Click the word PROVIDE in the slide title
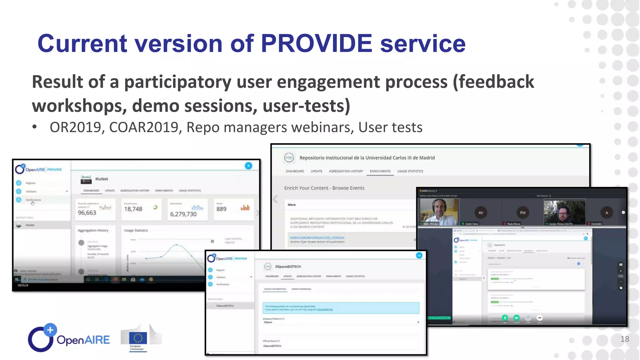click(x=316, y=43)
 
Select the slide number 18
click(x=625, y=339)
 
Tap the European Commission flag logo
click(x=138, y=338)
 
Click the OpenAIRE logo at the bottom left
click(x=69, y=338)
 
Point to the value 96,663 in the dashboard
click(x=87, y=213)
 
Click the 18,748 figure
click(x=133, y=209)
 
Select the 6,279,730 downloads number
click(x=183, y=214)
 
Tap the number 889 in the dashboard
click(x=221, y=209)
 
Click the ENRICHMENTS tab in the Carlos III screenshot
click(x=380, y=171)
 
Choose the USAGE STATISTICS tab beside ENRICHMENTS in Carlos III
click(x=410, y=171)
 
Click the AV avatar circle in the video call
click(x=481, y=213)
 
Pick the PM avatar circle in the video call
click(x=522, y=213)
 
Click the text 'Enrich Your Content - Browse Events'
click(x=324, y=188)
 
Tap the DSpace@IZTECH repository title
click(x=288, y=267)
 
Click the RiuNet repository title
click(x=102, y=179)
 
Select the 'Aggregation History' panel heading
click(x=93, y=230)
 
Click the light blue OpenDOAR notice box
click(x=341, y=308)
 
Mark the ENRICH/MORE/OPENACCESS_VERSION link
click(x=317, y=238)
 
